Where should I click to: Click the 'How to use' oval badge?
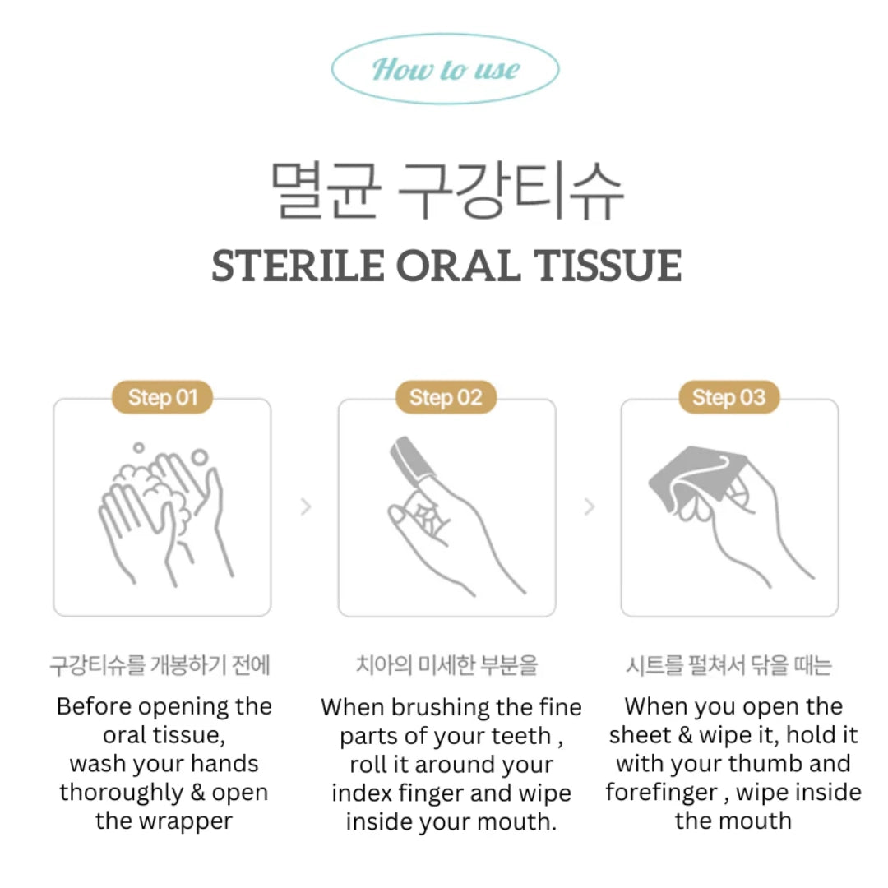point(445,69)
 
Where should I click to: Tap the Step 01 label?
point(162,398)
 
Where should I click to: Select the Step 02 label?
point(446,398)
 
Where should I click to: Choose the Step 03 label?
point(728,398)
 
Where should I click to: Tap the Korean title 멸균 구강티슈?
point(447,191)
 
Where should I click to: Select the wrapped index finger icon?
point(446,510)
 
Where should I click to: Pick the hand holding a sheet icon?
point(728,506)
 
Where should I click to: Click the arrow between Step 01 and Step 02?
point(306,506)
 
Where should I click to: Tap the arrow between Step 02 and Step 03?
point(589,506)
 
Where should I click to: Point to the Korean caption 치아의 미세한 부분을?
point(446,664)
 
